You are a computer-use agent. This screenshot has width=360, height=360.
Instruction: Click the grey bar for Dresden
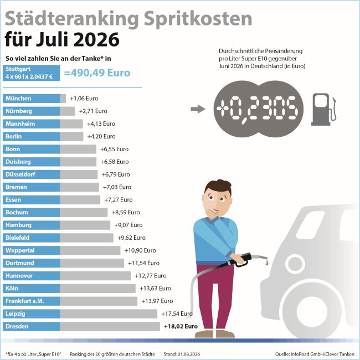point(110,326)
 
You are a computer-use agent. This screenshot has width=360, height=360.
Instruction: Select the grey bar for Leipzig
point(109,313)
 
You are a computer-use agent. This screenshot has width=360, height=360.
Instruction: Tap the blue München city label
point(31,99)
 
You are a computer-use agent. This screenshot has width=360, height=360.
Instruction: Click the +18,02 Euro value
point(181,326)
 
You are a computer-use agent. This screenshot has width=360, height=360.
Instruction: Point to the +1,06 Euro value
point(84,99)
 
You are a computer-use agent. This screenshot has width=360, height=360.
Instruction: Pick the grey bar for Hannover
point(95,276)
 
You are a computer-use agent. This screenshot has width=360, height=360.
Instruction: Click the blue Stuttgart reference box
point(31,73)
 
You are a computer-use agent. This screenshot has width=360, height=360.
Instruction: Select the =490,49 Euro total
point(97,73)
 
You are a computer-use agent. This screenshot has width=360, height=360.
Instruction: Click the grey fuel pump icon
point(323,109)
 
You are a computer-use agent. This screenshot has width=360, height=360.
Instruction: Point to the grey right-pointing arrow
point(198,109)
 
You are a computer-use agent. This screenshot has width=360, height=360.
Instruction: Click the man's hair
point(218,187)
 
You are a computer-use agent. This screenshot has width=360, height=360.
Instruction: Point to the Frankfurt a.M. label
point(24,301)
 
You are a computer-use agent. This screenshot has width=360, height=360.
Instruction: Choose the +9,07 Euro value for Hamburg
point(128,225)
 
